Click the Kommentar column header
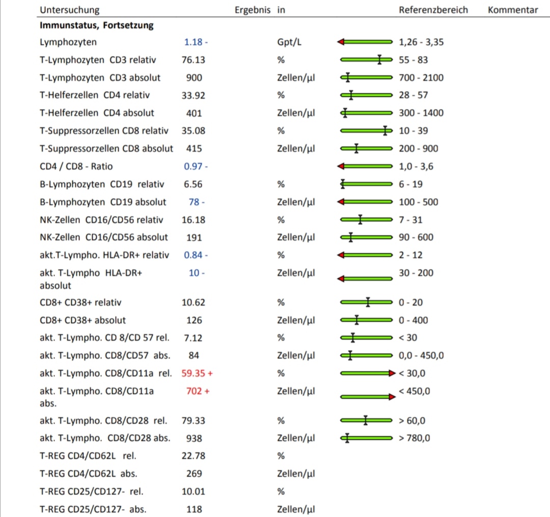pos(512,10)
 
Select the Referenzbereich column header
pos(433,10)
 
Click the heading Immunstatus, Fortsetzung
pos(96,25)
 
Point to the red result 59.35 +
pos(197,373)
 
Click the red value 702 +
pos(198,391)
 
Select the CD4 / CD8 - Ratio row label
pos(76,166)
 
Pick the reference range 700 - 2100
pos(421,77)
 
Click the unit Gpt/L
pos(289,42)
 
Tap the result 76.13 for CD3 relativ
pos(194,60)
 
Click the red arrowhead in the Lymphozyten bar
pos(341,42)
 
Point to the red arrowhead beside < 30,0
pos(392,373)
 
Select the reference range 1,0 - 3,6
pos(416,166)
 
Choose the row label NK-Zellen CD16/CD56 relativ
pos(101,220)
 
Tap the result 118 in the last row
pos(194,509)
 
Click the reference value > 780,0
pos(414,438)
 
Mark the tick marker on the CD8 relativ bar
pos(385,131)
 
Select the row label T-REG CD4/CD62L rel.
pos(88,456)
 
